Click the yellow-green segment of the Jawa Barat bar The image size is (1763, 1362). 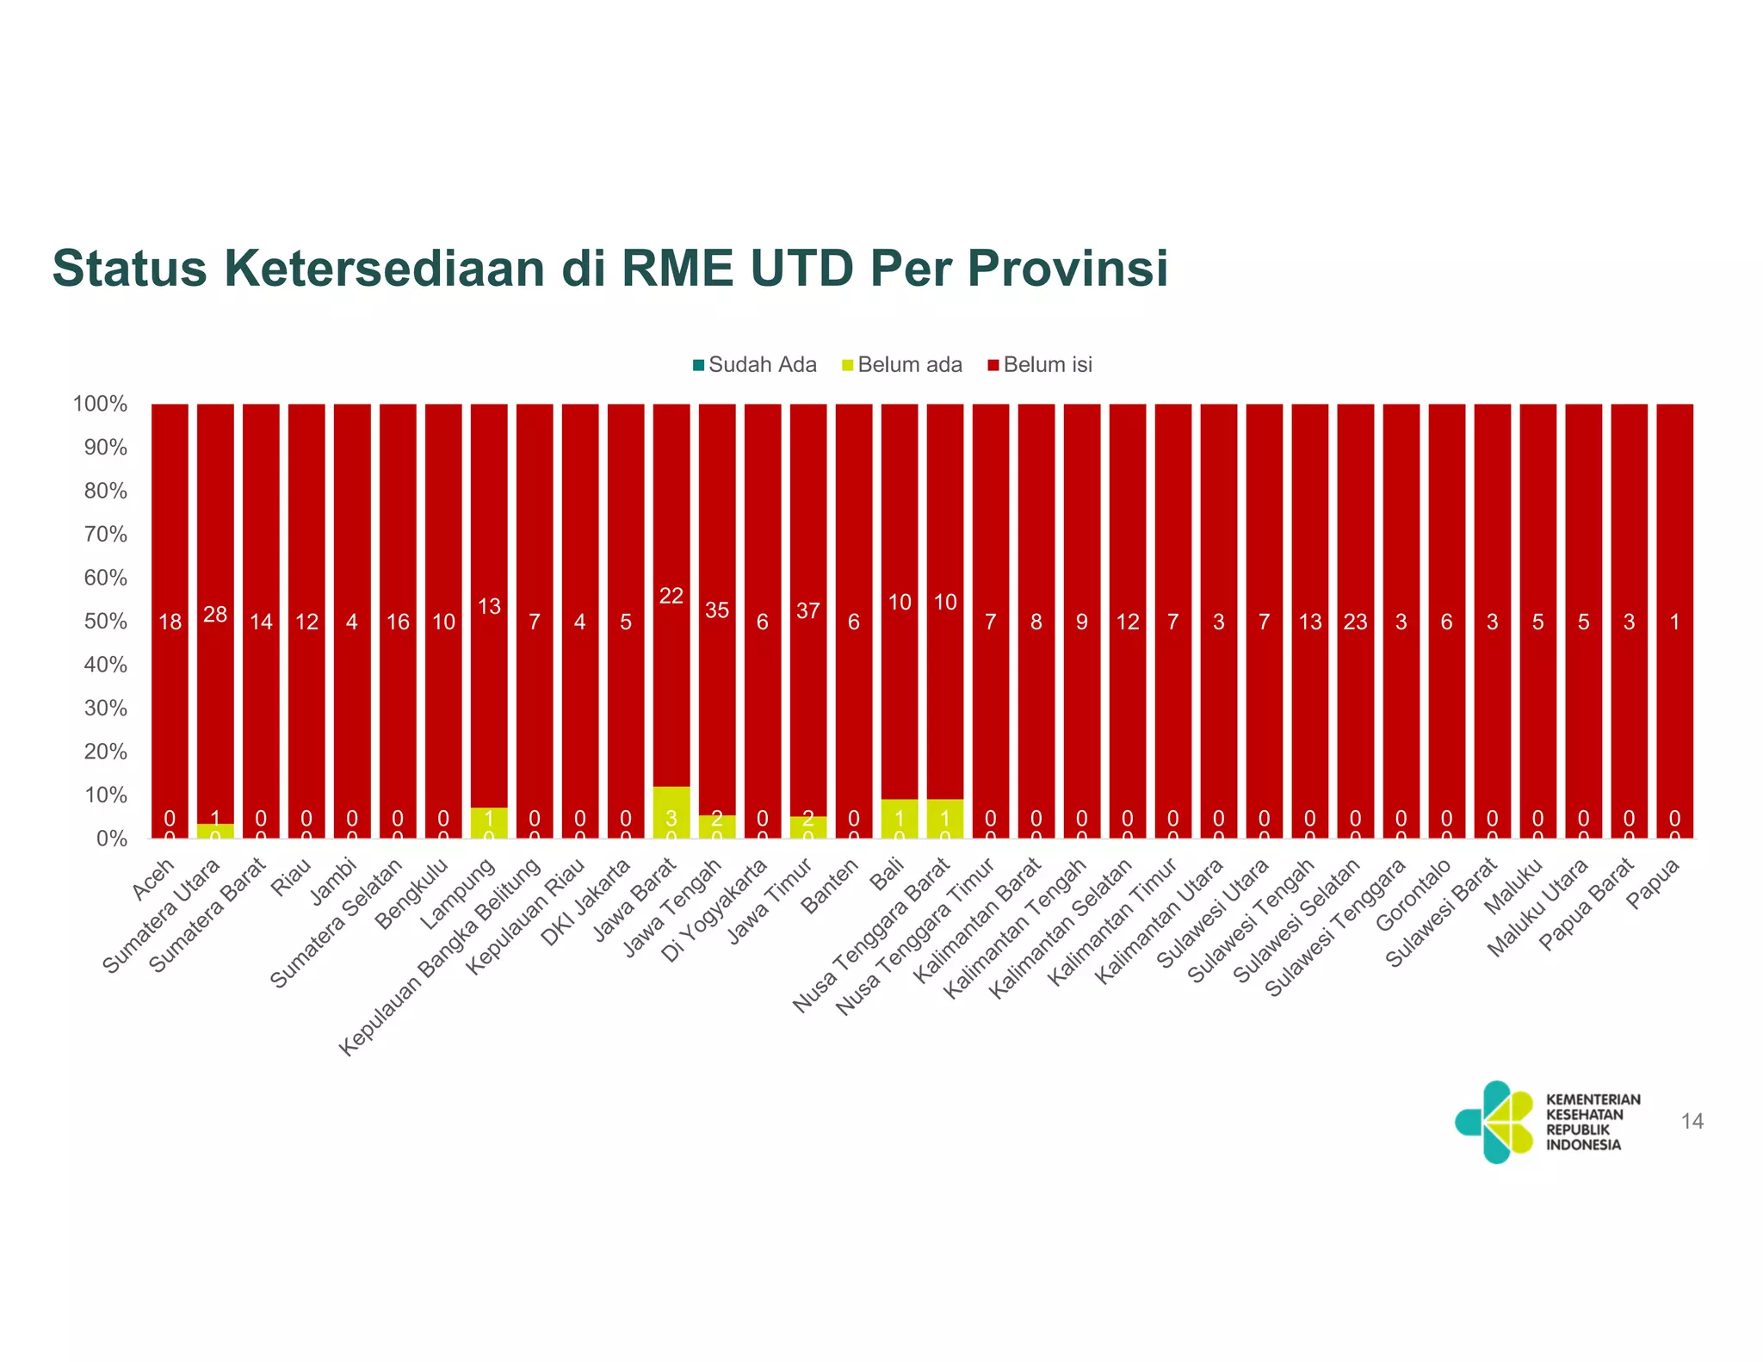[x=671, y=811]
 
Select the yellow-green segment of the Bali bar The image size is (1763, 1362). [x=899, y=818]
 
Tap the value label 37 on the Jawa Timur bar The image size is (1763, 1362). [x=807, y=611]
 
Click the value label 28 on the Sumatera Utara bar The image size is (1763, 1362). [x=215, y=614]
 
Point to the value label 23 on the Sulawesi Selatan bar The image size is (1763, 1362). [x=1355, y=622]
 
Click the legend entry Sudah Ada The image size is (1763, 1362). [x=754, y=365]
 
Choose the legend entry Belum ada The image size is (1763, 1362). [x=901, y=365]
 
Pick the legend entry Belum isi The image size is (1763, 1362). [x=1040, y=365]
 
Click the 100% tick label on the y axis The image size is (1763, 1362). [x=100, y=404]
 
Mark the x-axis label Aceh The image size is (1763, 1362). [x=155, y=878]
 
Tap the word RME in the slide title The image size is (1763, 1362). [x=677, y=268]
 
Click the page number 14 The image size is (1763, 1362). [x=1692, y=1121]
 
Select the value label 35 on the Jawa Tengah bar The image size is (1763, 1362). [x=717, y=610]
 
